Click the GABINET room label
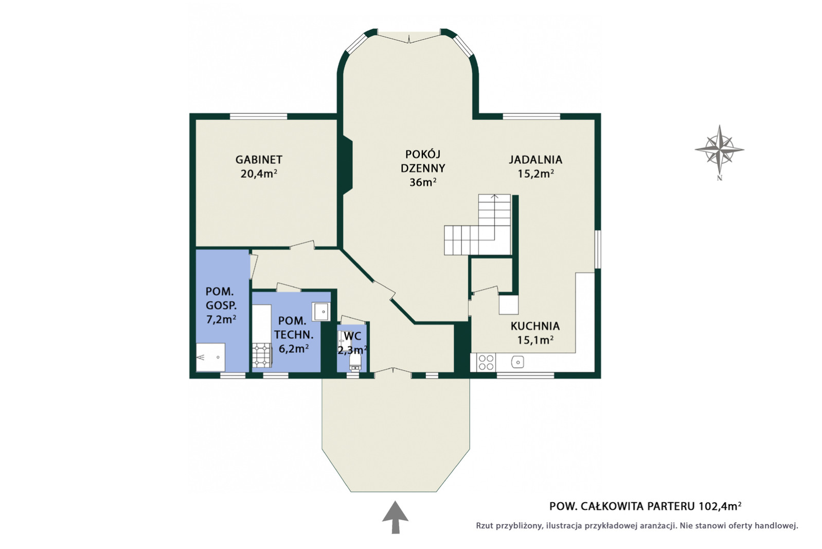pos(259,160)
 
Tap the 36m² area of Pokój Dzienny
pos(423,182)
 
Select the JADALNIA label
pos(535,160)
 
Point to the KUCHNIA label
pos(535,326)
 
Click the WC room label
pos(353,336)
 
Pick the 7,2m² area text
pos(221,319)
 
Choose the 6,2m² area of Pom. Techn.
pos(294,348)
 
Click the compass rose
pos(719,149)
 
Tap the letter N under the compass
pos(719,178)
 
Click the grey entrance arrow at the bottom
pos(395,517)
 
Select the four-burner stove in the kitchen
pos(486,363)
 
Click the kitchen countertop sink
pos(517,363)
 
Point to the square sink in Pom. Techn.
pos(321,312)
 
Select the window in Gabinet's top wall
pos(258,116)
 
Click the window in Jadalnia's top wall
pos(531,116)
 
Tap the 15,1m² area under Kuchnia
pos(535,340)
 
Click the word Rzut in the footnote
pos(485,526)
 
